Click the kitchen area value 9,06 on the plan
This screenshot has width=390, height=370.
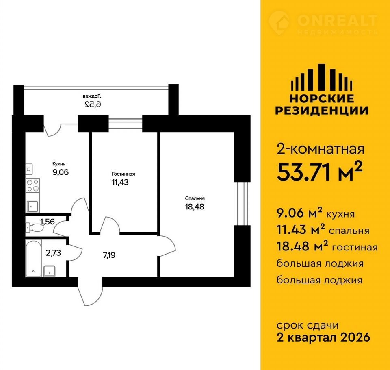[61, 172]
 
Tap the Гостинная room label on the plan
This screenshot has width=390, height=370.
[123, 174]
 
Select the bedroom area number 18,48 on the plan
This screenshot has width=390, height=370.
[195, 207]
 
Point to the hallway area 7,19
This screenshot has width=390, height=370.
[109, 255]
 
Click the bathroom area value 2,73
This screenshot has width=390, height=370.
[53, 253]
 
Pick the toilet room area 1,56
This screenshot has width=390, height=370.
[47, 221]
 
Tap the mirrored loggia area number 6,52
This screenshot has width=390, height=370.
[93, 104]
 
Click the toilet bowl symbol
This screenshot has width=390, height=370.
[35, 227]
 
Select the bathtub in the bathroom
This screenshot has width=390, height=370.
[33, 258]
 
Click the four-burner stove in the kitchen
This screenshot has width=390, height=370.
[32, 185]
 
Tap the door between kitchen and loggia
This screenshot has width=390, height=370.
[53, 129]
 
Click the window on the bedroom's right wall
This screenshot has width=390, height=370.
[243, 204]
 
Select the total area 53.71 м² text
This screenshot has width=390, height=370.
[319, 172]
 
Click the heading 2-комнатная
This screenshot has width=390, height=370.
[321, 149]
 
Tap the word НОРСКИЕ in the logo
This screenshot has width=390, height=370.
[322, 99]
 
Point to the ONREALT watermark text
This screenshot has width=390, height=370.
[337, 20]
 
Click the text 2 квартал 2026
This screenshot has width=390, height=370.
[323, 337]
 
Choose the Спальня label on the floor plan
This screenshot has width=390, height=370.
[195, 198]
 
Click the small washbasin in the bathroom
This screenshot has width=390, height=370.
[50, 271]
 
